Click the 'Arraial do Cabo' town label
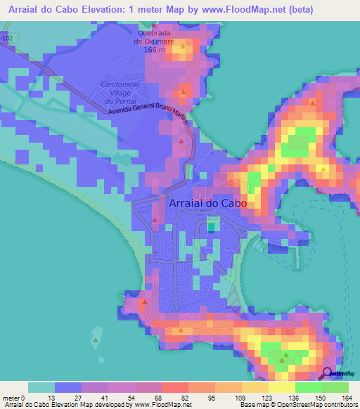210,203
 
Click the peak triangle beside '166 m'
184,47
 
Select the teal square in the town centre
212,226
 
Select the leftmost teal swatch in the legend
41,387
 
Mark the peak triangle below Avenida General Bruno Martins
182,141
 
